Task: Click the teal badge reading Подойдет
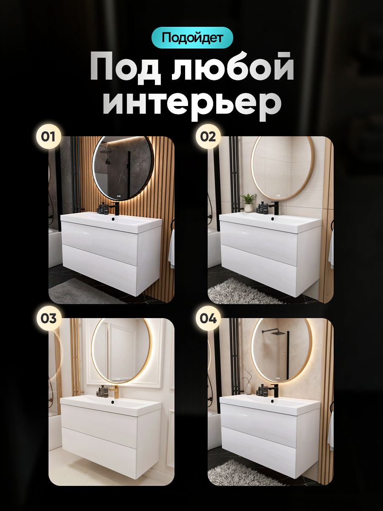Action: (192, 37)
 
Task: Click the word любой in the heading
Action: (233, 68)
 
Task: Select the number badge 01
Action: (48, 137)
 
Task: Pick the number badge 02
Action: (208, 137)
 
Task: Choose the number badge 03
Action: (48, 318)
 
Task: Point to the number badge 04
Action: (208, 318)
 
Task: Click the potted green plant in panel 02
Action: (249, 203)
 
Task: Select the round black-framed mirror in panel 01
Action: (123, 168)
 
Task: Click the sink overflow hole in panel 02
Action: (272, 218)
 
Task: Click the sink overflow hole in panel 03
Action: (113, 402)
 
